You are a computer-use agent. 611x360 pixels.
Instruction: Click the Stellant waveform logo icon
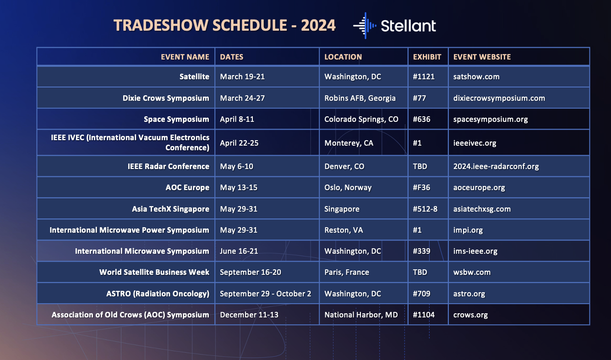[365, 26]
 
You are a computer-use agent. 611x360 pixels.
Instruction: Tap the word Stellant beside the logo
[409, 26]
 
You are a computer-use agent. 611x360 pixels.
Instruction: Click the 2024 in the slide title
[318, 25]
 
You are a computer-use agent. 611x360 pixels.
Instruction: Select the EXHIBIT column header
[427, 57]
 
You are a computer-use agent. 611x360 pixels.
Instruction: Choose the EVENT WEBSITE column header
[482, 57]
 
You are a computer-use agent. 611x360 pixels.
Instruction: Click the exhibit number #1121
[424, 76]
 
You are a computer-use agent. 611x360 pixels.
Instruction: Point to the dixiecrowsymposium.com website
[499, 98]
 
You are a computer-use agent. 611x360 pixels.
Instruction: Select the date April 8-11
[237, 119]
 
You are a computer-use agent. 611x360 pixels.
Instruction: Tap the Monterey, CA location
[349, 143]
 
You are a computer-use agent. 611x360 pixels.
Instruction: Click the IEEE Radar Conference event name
[168, 166]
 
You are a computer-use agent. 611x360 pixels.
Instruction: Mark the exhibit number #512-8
[425, 209]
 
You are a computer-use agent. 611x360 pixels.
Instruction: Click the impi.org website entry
[468, 230]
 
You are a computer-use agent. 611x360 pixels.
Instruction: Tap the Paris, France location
[347, 272]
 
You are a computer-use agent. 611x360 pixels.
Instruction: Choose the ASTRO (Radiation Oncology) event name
[158, 294]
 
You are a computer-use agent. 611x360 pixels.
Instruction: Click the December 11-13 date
[249, 315]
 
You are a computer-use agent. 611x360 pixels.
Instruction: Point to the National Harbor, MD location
[361, 315]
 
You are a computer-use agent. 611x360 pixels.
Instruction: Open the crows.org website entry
[470, 315]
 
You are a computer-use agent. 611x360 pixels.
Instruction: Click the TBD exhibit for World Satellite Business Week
[420, 272]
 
